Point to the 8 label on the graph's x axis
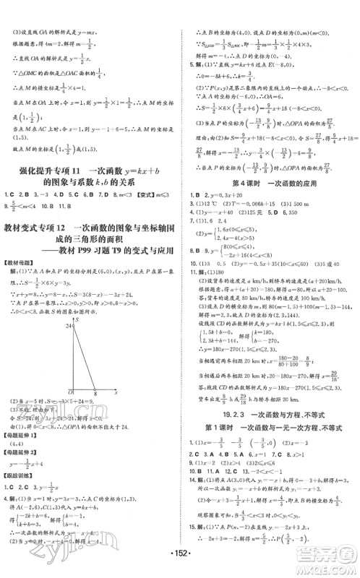(95, 394)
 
